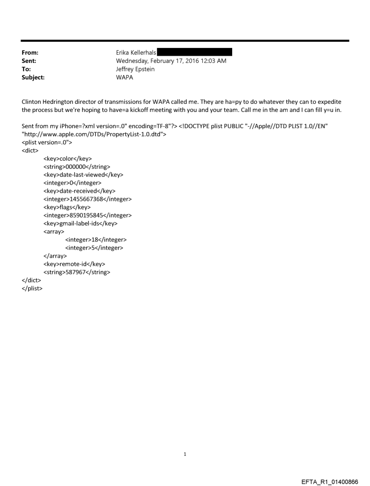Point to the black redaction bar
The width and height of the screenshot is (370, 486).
coord(195,53)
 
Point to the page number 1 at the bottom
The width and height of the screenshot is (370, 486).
coord(185,454)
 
